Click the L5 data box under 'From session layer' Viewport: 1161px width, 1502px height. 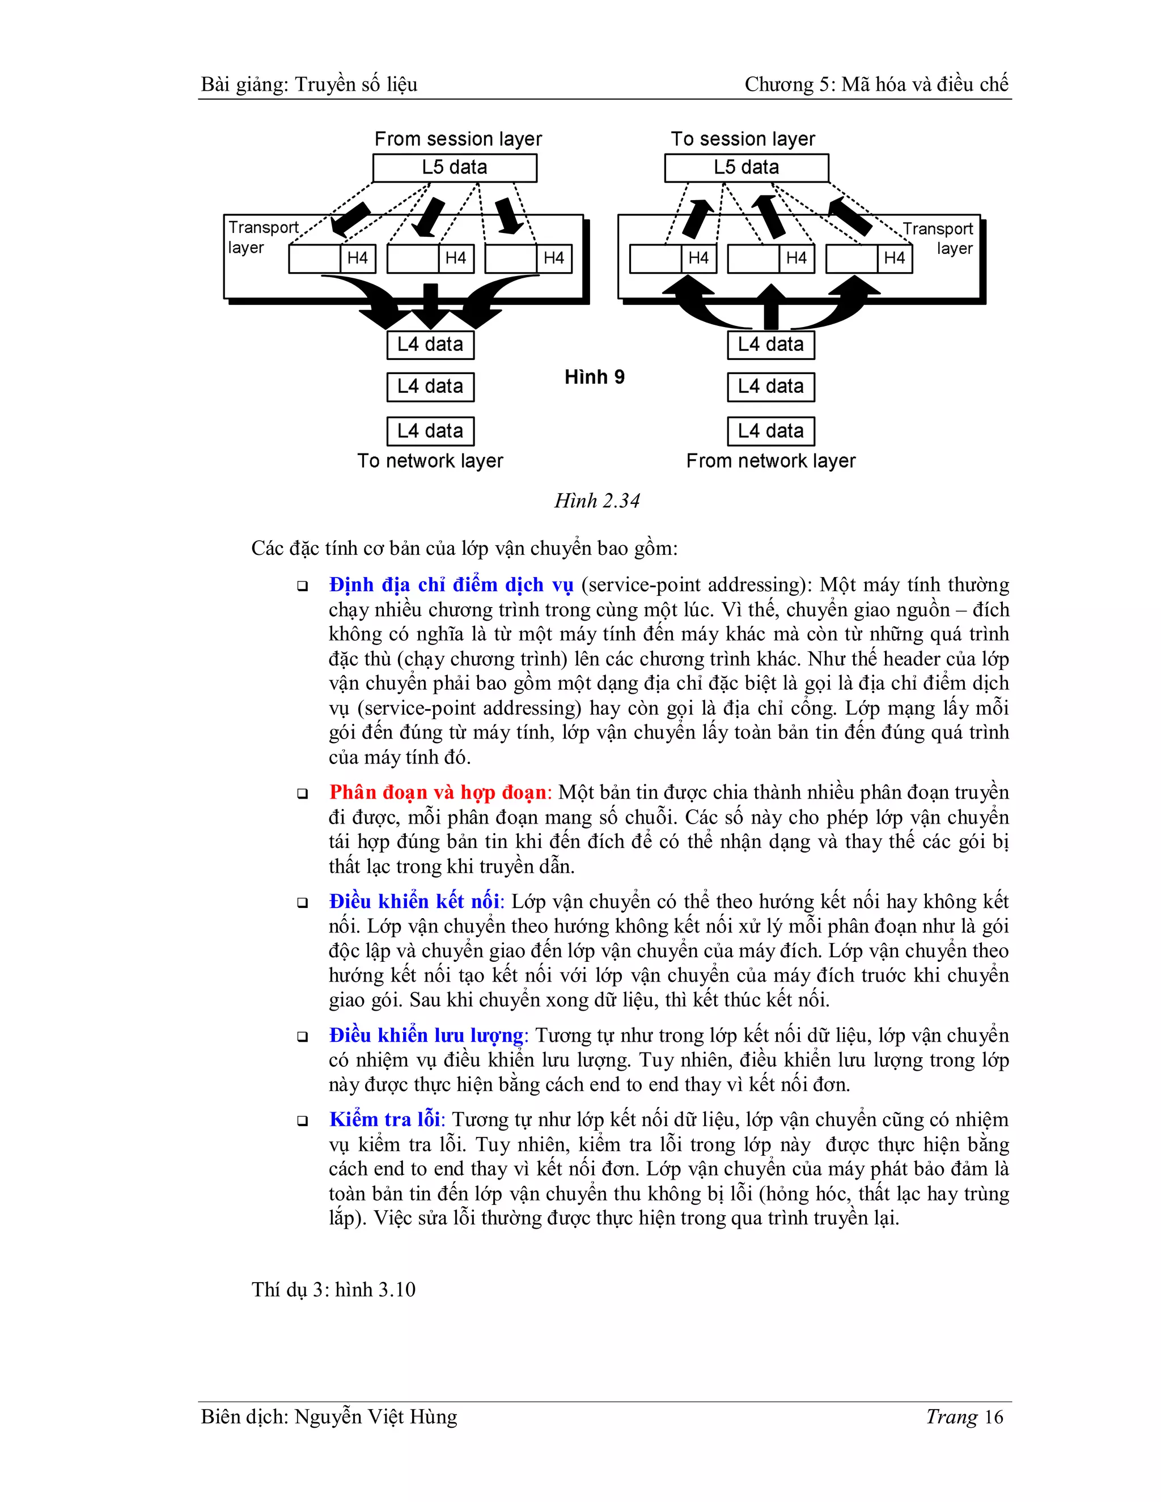(x=455, y=168)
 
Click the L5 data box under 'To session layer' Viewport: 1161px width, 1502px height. (x=746, y=168)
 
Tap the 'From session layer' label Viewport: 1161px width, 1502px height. (x=458, y=139)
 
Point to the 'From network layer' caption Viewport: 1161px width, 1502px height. (x=770, y=461)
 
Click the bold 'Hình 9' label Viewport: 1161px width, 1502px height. (x=594, y=377)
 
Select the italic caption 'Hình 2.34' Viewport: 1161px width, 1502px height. (x=597, y=500)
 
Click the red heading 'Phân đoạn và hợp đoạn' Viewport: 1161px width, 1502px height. (x=438, y=792)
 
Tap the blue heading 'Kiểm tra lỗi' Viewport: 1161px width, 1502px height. (x=384, y=1119)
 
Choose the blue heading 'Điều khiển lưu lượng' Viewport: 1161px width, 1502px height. (x=426, y=1035)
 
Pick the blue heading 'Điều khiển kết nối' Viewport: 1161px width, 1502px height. (x=415, y=901)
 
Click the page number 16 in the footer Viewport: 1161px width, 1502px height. (x=993, y=1417)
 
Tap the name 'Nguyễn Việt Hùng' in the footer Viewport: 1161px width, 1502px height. (x=375, y=1417)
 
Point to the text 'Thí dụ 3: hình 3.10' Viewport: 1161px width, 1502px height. (x=333, y=1289)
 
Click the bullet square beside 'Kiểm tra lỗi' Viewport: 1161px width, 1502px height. (x=302, y=1121)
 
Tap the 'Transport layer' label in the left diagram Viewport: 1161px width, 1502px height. (x=262, y=237)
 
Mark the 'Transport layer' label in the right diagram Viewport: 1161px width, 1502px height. (x=939, y=238)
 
